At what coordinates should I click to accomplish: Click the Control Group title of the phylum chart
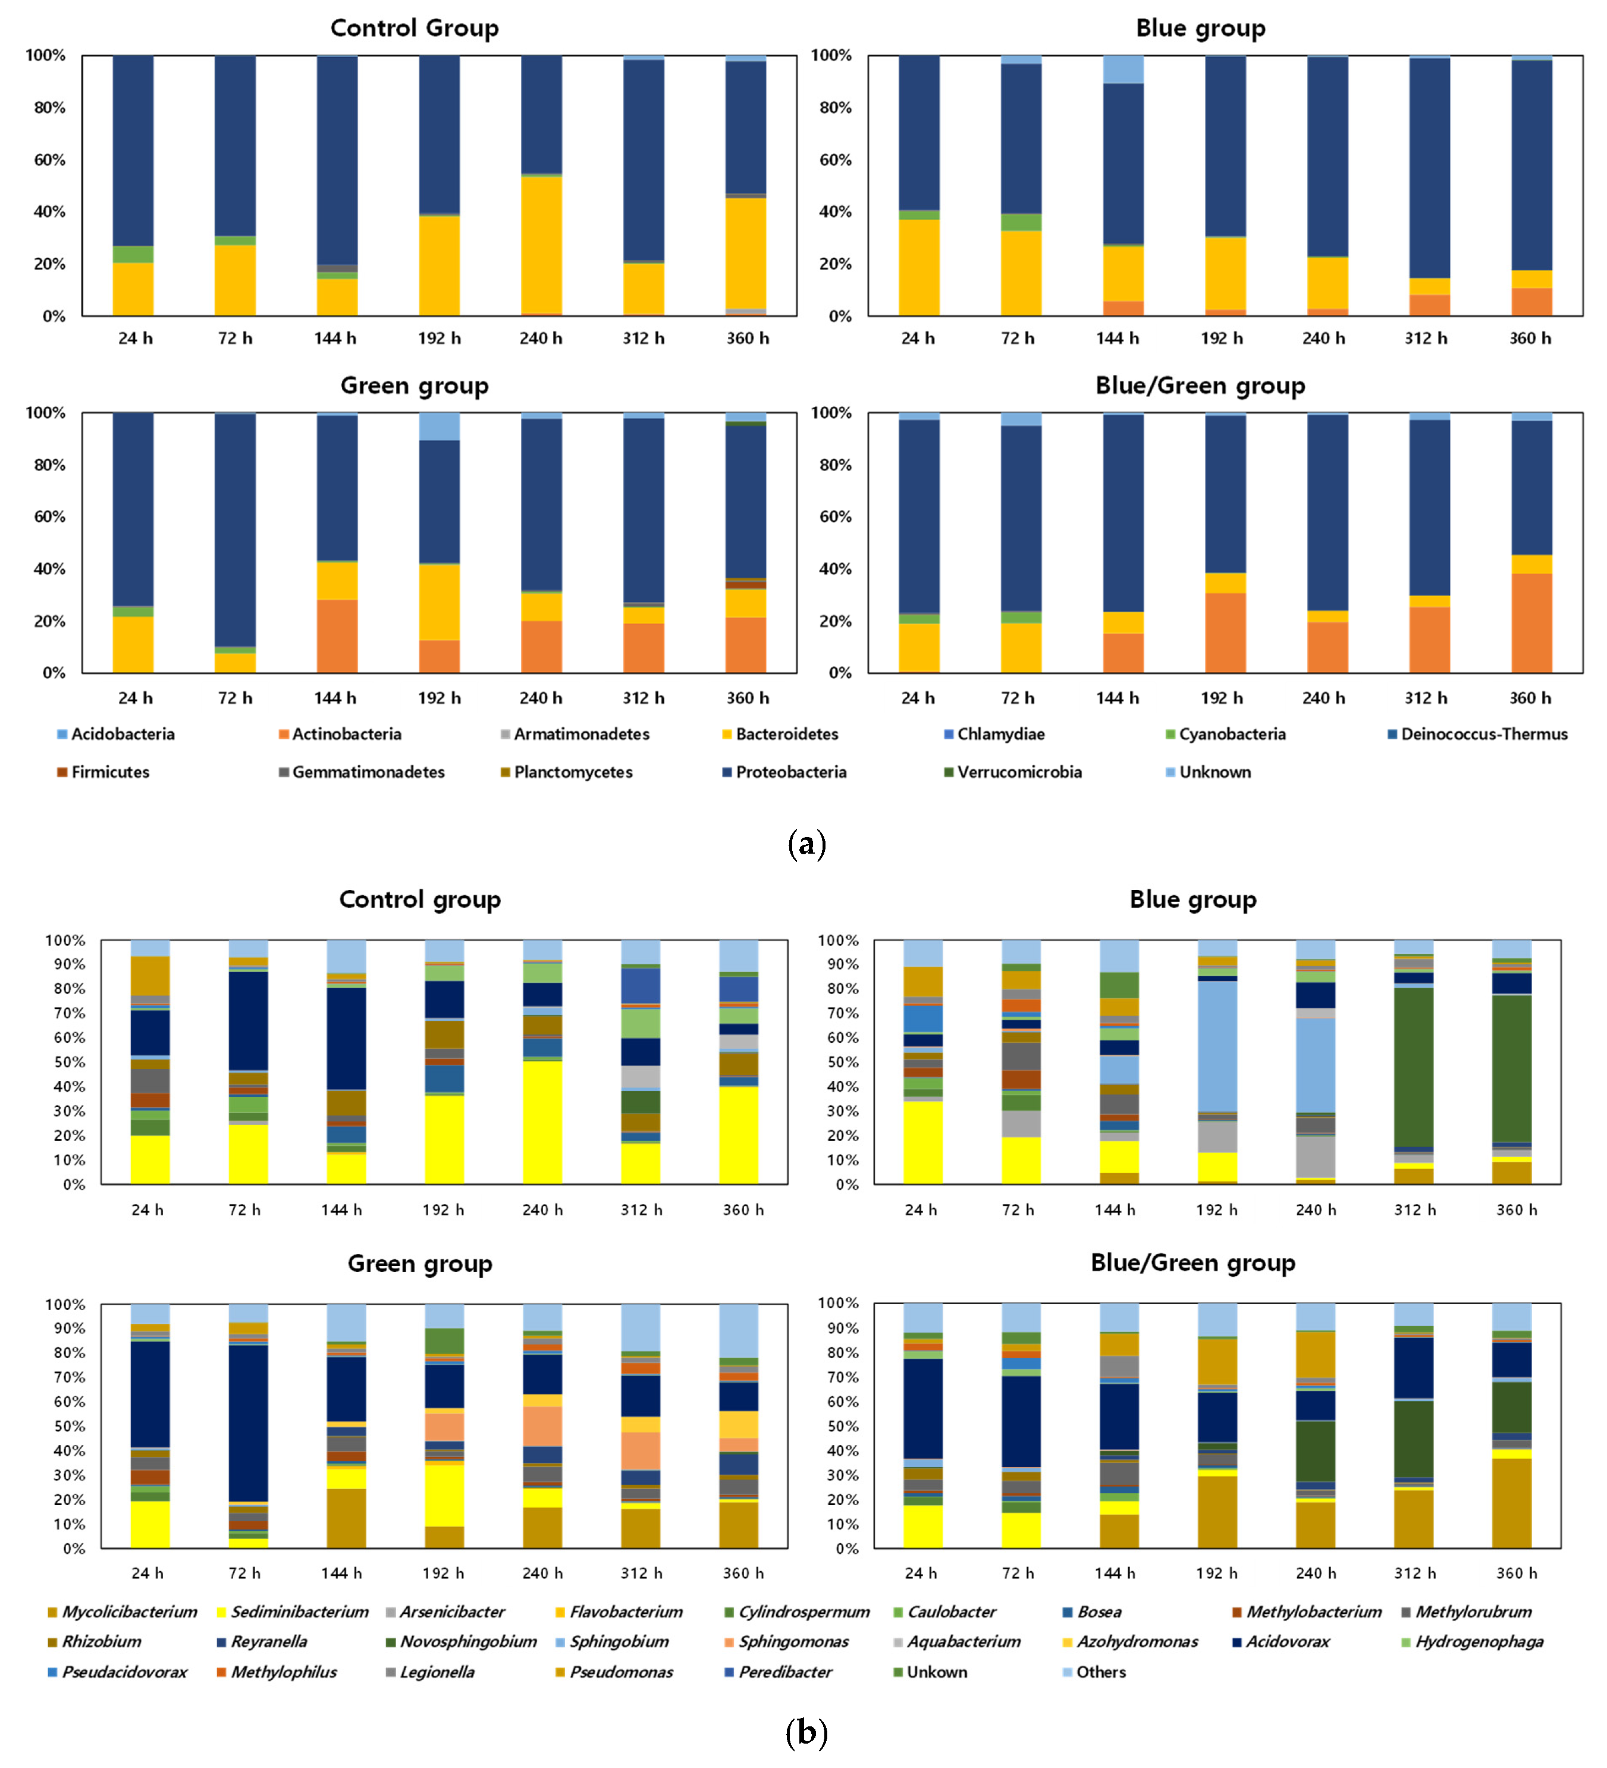[414, 28]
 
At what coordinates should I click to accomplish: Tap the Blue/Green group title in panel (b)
[1192, 1263]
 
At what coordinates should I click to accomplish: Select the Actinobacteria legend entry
[346, 734]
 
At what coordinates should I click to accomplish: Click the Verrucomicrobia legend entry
[1019, 772]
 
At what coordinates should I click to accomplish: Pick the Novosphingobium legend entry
[467, 1642]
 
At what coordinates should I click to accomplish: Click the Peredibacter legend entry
[784, 1672]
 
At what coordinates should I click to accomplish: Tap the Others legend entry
[1100, 1672]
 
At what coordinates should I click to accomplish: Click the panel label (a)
[806, 845]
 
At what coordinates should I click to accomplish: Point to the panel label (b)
[806, 1732]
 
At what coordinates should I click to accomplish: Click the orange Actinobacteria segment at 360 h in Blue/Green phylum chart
[1531, 623]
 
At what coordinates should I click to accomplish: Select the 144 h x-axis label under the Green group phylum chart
[336, 698]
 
